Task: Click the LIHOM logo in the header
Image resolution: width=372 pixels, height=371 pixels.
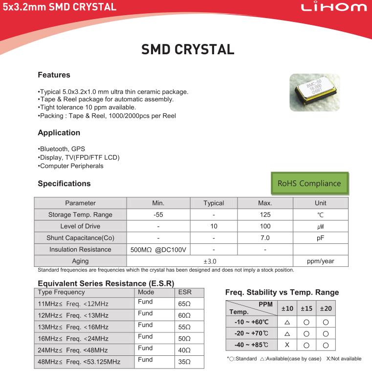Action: [334, 7]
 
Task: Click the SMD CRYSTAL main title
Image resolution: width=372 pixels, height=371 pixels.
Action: [188, 49]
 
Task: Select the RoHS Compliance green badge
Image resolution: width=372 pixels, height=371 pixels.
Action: [309, 183]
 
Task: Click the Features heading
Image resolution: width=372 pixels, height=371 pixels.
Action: [54, 75]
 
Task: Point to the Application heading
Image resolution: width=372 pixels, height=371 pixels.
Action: [59, 132]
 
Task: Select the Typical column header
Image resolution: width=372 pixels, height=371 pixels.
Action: [214, 203]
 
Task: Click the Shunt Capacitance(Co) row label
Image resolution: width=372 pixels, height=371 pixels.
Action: [80, 238]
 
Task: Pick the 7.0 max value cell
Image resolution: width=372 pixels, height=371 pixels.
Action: [265, 238]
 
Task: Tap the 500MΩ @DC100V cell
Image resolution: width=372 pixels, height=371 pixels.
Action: [158, 250]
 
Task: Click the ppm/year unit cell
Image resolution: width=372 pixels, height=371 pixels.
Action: [320, 261]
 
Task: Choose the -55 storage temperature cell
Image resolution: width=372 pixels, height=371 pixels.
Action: [158, 215]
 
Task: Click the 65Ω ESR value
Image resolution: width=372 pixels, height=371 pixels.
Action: [184, 304]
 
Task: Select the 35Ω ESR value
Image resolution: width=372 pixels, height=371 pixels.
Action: [184, 362]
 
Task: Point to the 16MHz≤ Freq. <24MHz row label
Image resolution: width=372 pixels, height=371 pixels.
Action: [73, 339]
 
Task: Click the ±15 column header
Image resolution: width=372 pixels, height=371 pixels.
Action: [306, 308]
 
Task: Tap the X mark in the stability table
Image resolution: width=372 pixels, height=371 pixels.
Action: [287, 345]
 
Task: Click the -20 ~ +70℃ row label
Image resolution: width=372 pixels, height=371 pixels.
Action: [251, 333]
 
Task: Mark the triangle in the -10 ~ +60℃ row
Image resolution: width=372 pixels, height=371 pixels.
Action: [287, 322]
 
